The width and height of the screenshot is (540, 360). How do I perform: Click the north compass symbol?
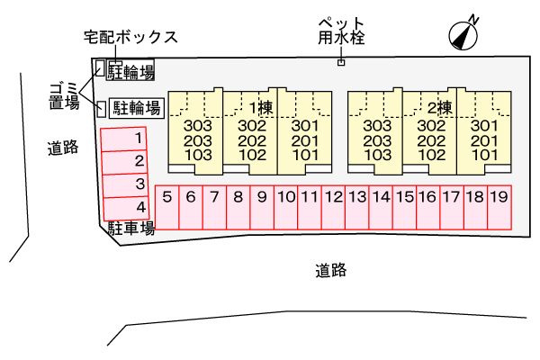[x=463, y=33]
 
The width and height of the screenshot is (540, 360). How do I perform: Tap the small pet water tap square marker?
[x=340, y=62]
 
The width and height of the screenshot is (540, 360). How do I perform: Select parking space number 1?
[x=121, y=139]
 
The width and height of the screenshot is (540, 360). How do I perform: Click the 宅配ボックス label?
[x=130, y=38]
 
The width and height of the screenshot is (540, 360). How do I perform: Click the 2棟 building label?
[x=439, y=107]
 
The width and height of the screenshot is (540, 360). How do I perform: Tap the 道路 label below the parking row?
[x=331, y=269]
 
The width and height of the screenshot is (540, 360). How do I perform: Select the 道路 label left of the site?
[x=62, y=149]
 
